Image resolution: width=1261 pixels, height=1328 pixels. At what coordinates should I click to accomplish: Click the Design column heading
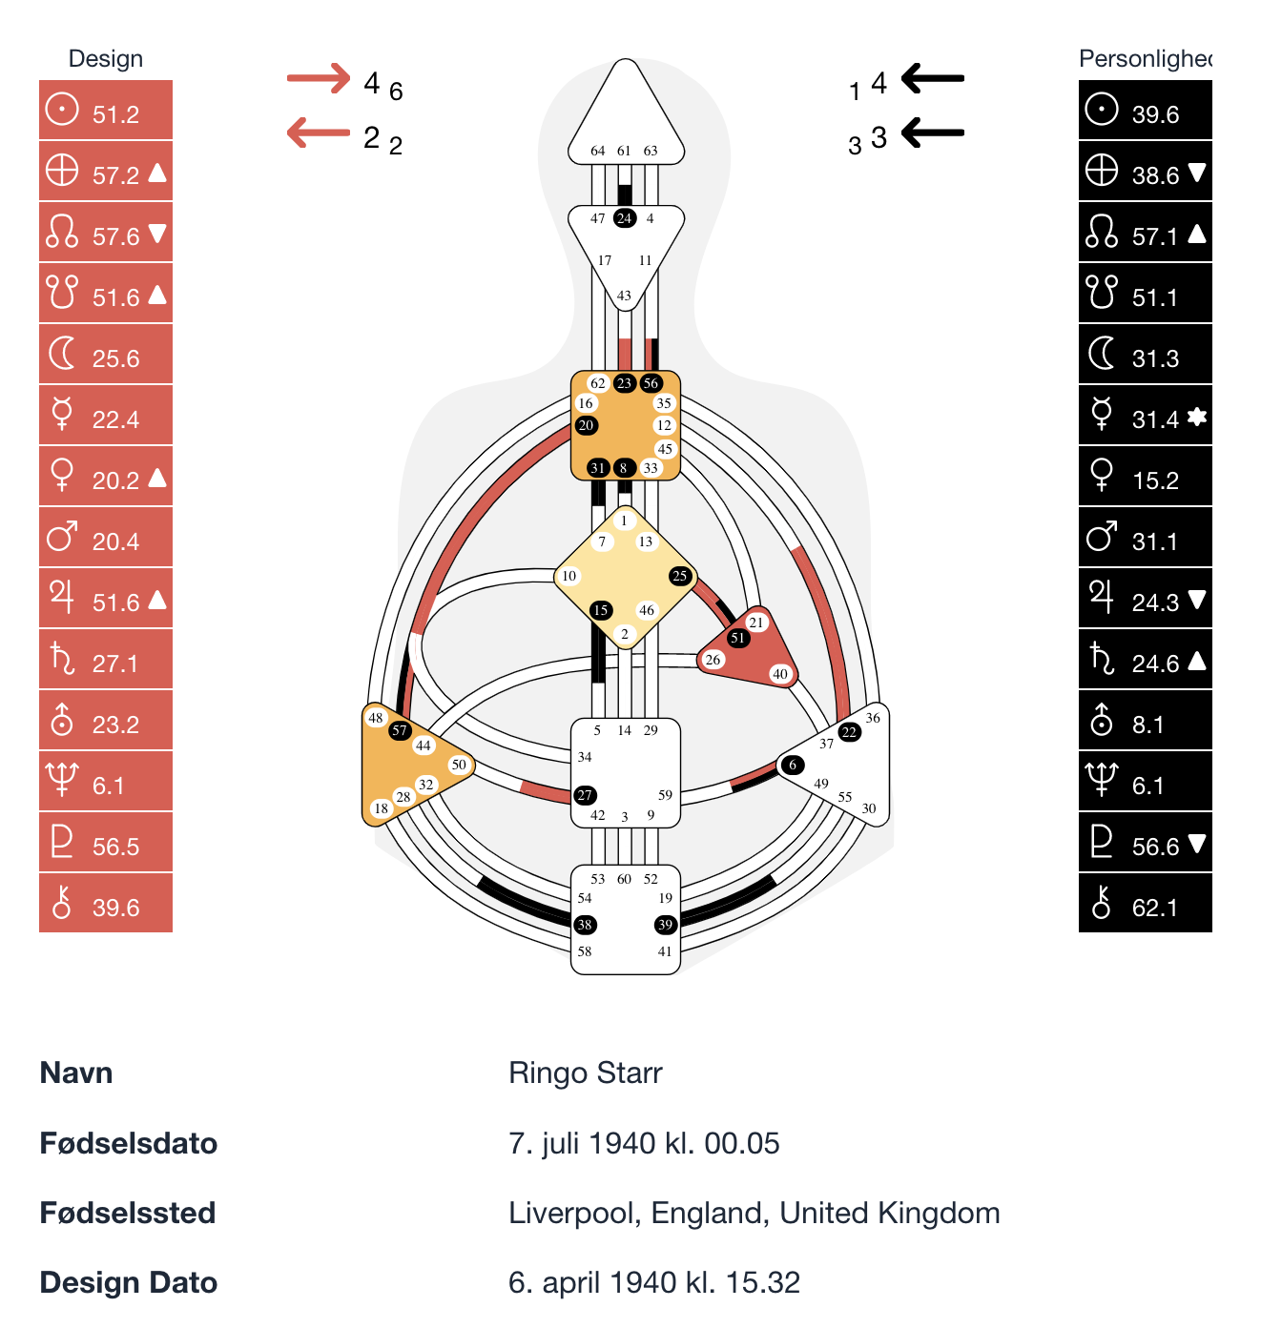(x=106, y=59)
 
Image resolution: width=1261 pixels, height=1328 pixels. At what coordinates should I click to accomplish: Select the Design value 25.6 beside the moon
(x=115, y=358)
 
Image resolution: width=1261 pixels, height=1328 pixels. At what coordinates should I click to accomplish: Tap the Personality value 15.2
(x=1155, y=480)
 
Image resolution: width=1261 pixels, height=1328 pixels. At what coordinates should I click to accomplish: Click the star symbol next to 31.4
(x=1197, y=417)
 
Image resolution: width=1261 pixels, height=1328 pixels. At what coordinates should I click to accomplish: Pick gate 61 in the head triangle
(x=624, y=151)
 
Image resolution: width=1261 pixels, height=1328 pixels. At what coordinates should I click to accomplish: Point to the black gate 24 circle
(x=624, y=218)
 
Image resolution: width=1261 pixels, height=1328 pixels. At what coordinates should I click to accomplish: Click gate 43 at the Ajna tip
(x=624, y=296)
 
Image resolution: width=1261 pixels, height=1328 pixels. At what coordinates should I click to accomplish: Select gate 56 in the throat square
(x=651, y=383)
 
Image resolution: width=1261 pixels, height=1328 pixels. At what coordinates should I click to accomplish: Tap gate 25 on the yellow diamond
(x=680, y=576)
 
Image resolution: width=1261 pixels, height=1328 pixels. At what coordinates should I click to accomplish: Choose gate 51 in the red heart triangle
(x=737, y=638)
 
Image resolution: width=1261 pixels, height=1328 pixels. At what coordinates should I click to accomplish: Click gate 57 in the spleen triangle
(x=400, y=731)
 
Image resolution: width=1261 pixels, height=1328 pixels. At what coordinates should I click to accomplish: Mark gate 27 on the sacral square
(x=585, y=795)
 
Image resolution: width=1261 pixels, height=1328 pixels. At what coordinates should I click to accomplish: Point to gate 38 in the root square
(x=585, y=925)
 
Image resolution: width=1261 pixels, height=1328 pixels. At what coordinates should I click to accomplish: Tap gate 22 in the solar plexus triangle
(x=849, y=732)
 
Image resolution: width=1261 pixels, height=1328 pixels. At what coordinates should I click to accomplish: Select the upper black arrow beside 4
(x=933, y=78)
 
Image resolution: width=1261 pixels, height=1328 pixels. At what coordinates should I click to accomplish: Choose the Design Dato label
(x=129, y=1283)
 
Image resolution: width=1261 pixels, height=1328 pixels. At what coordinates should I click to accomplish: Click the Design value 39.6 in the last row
(x=115, y=908)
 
